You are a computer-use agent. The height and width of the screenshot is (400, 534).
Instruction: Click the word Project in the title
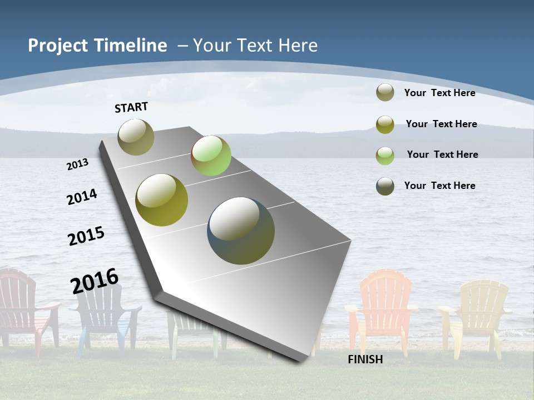tap(58, 46)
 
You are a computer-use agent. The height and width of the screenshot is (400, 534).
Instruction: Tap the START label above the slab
tap(131, 107)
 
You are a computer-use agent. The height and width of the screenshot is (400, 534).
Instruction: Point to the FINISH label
tap(365, 359)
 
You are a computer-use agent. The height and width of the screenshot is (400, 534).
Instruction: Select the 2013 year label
tap(78, 164)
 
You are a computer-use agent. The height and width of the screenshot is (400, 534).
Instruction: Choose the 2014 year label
tap(82, 197)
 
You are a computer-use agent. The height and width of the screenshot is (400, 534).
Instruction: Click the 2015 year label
tap(86, 236)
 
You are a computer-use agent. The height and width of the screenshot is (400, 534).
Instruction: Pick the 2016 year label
tap(95, 281)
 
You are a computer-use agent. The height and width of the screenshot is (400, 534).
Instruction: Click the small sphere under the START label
tap(136, 137)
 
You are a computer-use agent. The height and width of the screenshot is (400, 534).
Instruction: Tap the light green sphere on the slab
tap(211, 156)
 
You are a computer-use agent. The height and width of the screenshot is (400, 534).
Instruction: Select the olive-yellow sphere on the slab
tap(162, 200)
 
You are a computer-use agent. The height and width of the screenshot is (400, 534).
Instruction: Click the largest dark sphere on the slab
tap(241, 231)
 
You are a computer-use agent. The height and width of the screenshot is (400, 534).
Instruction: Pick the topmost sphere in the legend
tap(385, 92)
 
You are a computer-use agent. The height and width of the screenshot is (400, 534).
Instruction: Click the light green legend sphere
tap(385, 156)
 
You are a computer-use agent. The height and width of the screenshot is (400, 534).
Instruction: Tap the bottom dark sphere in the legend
tap(385, 186)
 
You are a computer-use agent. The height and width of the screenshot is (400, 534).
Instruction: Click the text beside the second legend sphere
tap(441, 124)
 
